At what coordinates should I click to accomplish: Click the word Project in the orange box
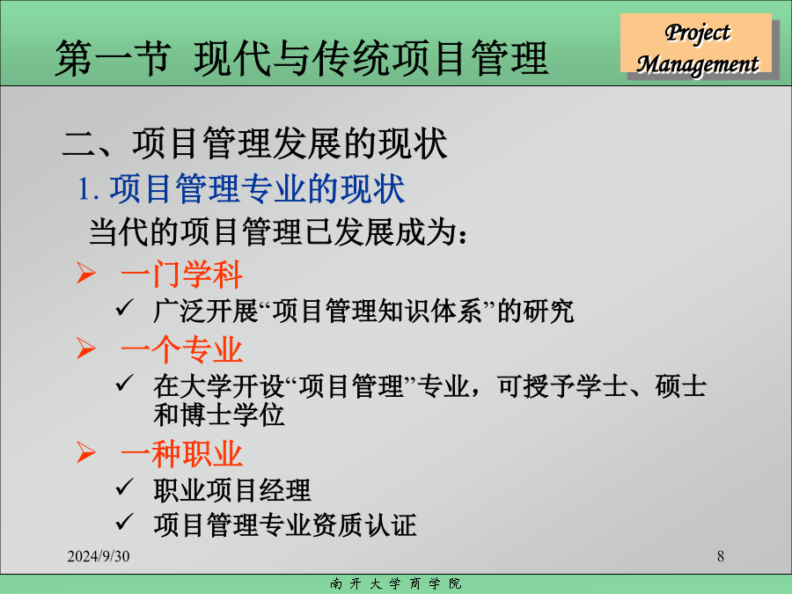point(697,33)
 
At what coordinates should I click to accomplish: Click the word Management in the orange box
point(698,64)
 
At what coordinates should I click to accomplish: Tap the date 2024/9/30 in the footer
point(99,556)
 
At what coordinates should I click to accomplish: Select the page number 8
point(720,556)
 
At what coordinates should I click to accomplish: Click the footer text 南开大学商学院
point(395,584)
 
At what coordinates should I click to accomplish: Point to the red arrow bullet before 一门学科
point(86,273)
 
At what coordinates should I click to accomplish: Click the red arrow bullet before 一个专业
point(86,348)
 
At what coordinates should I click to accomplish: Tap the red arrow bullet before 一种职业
point(86,452)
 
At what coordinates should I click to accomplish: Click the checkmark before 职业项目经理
point(124,487)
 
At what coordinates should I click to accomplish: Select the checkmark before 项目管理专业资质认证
point(124,522)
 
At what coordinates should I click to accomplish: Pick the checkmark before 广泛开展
point(124,307)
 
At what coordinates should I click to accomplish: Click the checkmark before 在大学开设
point(124,383)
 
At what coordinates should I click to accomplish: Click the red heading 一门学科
point(182,275)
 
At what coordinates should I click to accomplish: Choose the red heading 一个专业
point(182,350)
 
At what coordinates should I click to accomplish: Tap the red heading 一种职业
point(182,453)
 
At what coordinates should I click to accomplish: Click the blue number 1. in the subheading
point(88,189)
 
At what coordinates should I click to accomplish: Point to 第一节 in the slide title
point(112,58)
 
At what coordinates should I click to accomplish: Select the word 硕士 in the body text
point(680,386)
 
